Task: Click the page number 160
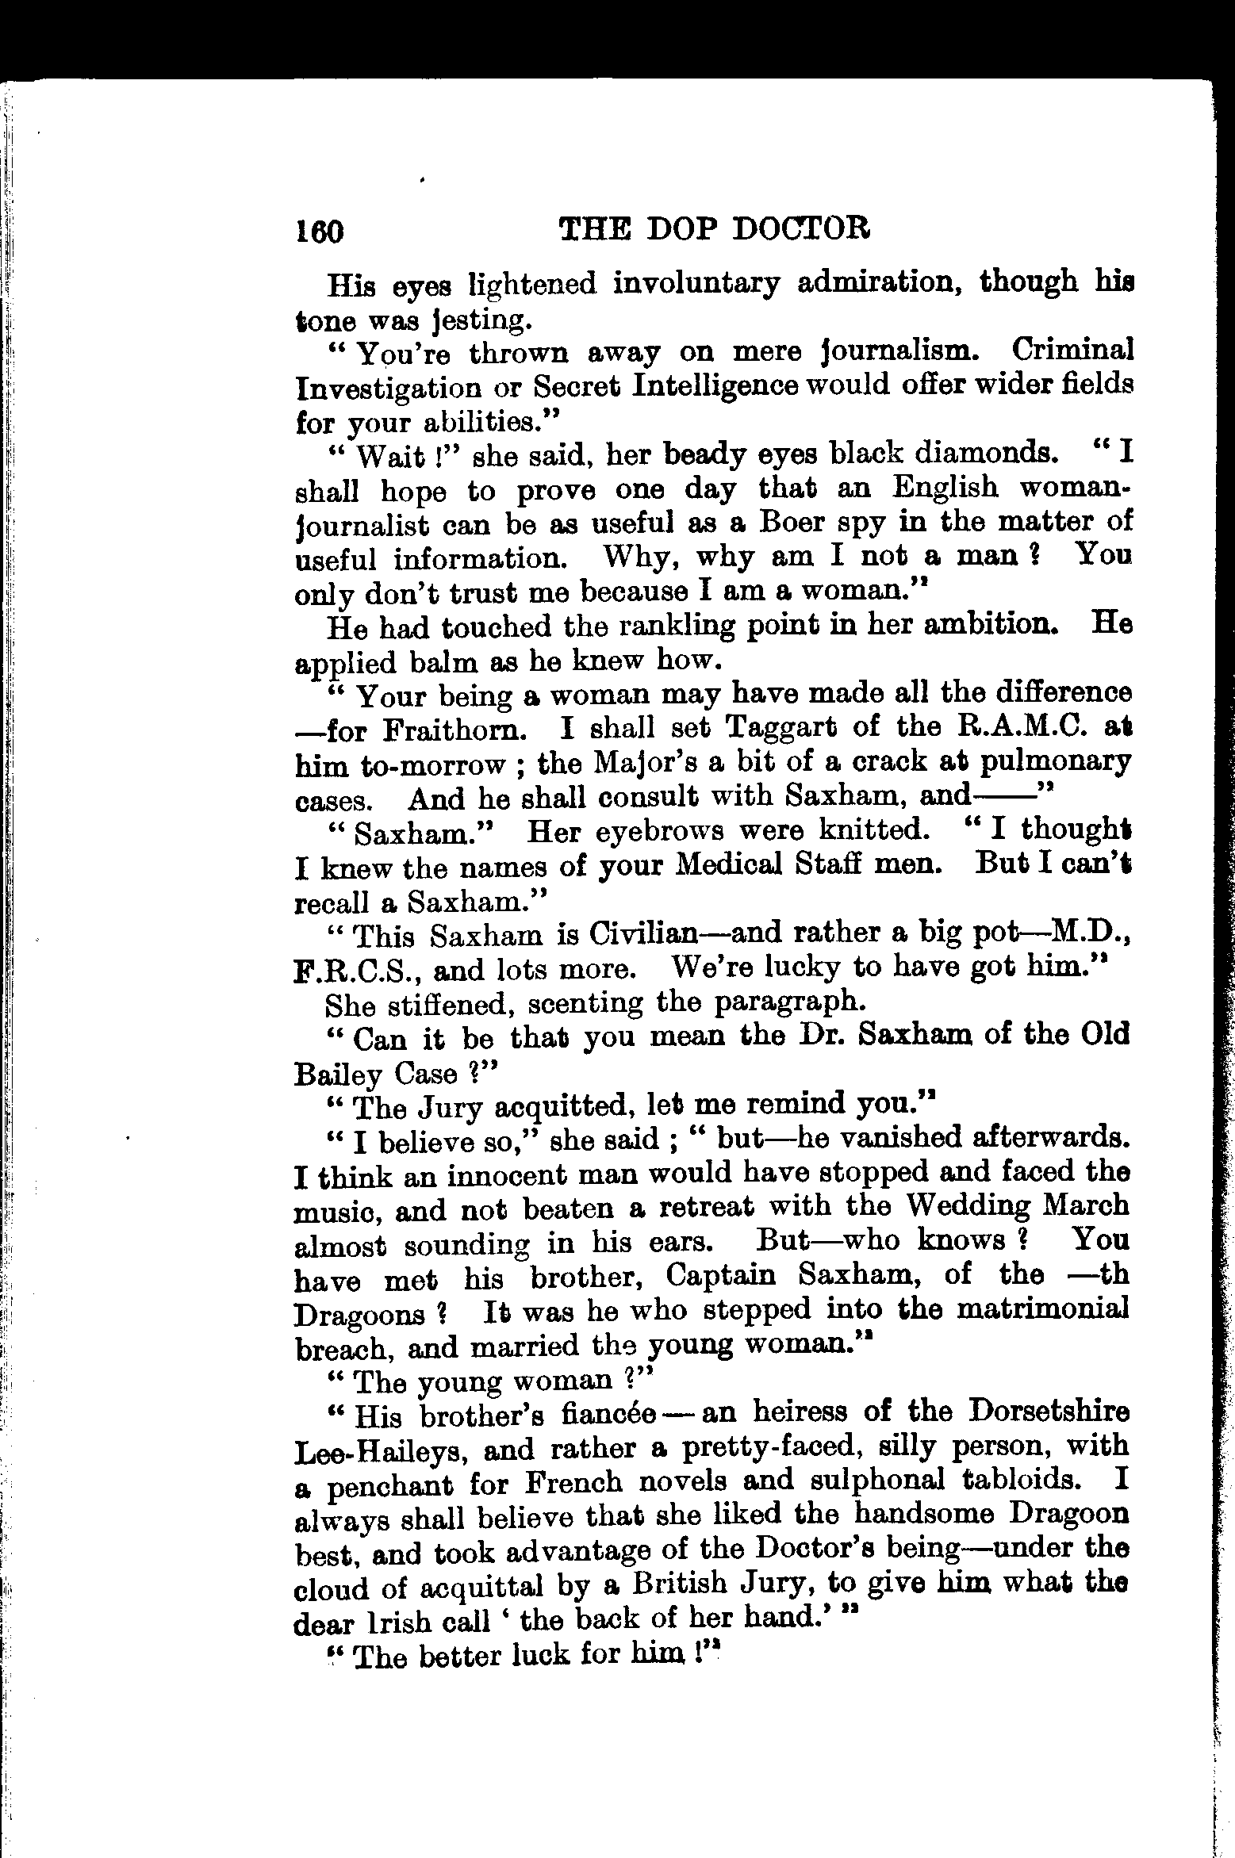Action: (320, 231)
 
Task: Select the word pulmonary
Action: (1055, 763)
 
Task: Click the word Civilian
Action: (643, 934)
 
